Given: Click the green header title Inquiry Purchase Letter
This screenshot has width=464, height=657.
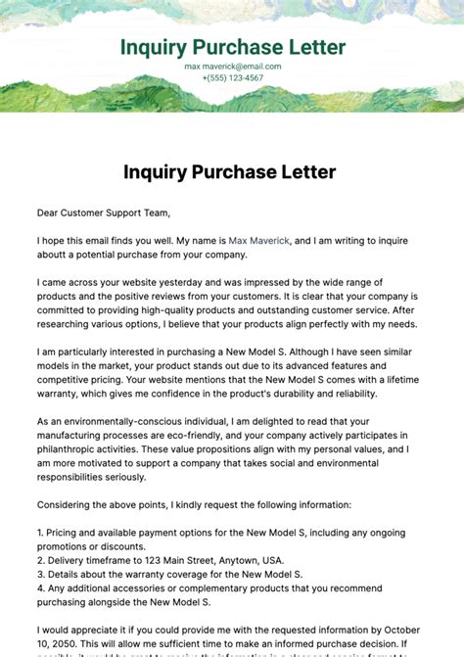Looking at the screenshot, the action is coord(232,47).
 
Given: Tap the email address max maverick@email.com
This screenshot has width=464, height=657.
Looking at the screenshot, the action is coord(232,67).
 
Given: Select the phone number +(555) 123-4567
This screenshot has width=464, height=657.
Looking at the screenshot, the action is coord(232,77).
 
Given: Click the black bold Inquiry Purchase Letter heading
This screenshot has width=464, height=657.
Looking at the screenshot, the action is coord(230,172).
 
